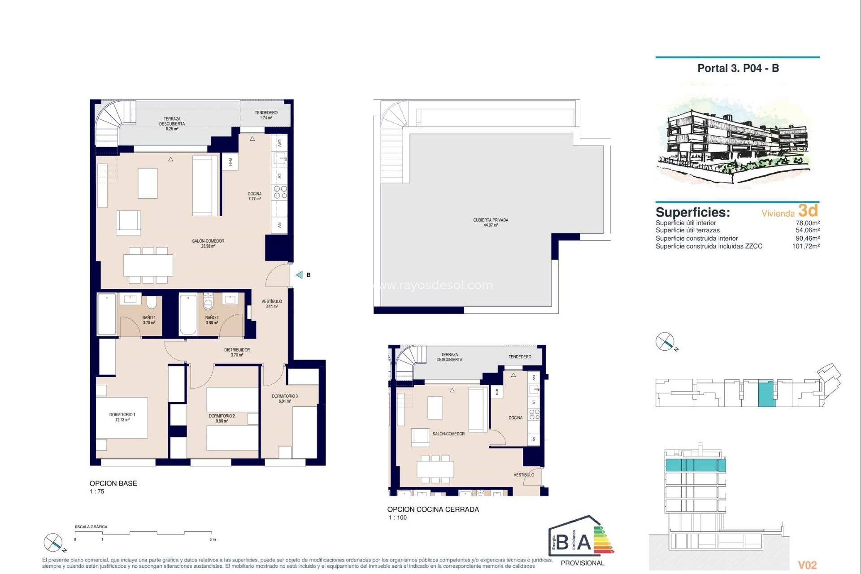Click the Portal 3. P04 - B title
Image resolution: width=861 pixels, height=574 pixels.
(x=738, y=68)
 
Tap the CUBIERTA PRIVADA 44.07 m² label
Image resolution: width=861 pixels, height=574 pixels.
(x=491, y=222)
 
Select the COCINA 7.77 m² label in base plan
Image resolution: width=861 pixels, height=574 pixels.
(x=254, y=196)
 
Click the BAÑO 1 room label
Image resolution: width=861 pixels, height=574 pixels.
(x=149, y=320)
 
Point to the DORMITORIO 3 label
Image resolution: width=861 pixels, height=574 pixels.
(x=285, y=398)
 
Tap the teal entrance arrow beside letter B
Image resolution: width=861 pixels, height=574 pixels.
(x=300, y=275)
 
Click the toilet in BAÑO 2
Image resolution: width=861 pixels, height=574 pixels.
(x=208, y=303)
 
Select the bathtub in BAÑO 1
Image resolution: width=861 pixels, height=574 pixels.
(x=107, y=314)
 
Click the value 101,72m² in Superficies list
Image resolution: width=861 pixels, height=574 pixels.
(x=805, y=246)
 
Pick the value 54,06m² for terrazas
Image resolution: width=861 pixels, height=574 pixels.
(x=807, y=230)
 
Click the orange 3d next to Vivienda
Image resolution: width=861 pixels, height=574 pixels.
(x=808, y=210)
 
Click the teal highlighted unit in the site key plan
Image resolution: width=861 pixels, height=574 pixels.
(x=766, y=393)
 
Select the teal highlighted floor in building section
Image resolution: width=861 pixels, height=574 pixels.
(x=695, y=465)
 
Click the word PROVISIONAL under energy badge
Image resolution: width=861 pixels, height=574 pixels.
(x=583, y=563)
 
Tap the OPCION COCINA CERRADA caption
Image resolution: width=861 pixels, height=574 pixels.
(x=433, y=509)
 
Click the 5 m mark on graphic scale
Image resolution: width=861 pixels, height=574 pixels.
(x=212, y=539)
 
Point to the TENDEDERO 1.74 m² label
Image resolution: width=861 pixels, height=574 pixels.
(x=266, y=115)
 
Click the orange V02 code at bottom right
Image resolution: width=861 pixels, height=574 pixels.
(x=807, y=565)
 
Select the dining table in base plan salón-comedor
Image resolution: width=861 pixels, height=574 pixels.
(x=148, y=265)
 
